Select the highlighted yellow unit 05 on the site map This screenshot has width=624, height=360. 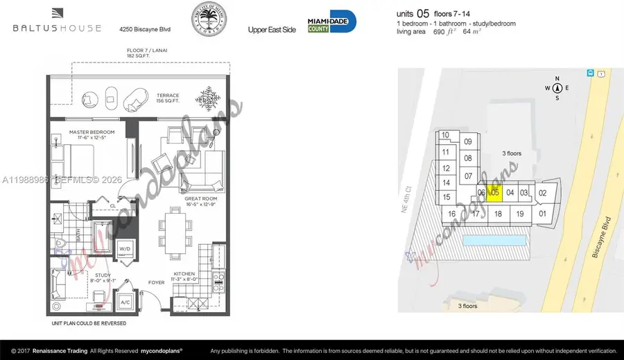tap(494, 193)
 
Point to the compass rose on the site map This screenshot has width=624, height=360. tap(557, 88)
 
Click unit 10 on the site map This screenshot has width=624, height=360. tap(445, 135)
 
